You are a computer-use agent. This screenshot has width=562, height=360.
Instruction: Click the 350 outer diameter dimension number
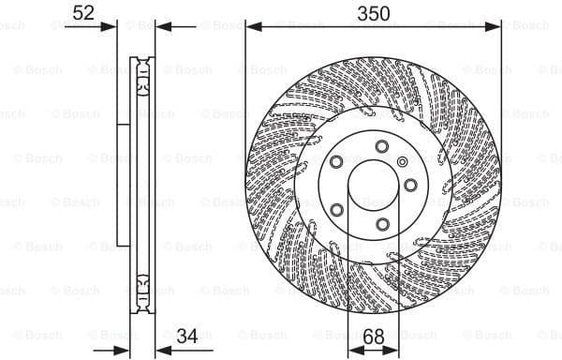pyautogui.click(x=372, y=14)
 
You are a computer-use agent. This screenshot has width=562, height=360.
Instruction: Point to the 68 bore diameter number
pyautogui.click(x=373, y=335)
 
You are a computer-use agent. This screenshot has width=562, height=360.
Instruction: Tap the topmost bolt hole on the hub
pyautogui.click(x=383, y=144)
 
